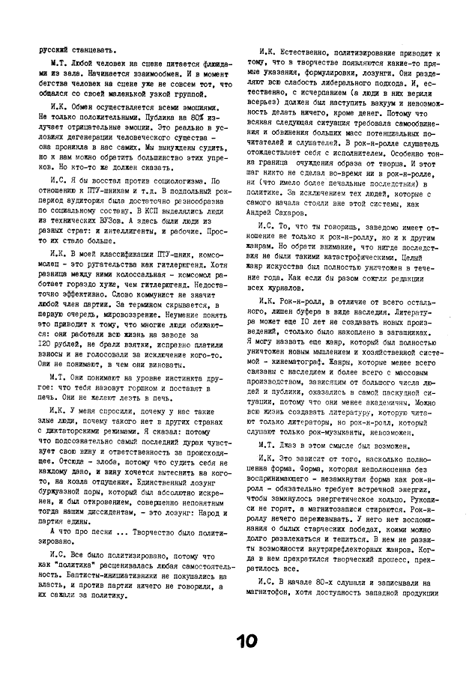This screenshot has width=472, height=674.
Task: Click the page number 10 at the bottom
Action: pyautogui.click(x=247, y=641)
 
